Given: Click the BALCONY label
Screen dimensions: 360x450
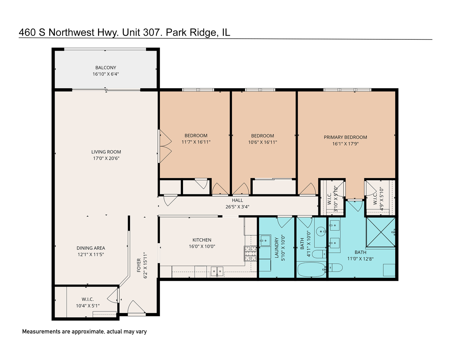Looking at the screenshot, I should point(106,68).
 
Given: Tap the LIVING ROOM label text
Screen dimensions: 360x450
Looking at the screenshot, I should point(106,152).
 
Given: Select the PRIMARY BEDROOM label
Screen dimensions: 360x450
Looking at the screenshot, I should point(345,137).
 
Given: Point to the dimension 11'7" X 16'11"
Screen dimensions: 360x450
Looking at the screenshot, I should point(196,142).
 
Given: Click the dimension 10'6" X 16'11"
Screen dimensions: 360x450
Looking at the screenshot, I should point(263,142).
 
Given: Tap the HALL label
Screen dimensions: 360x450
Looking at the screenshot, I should point(237,200).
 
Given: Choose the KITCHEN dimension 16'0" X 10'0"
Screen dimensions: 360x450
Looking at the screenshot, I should point(202,247).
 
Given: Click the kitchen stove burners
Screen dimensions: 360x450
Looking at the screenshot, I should point(251,254).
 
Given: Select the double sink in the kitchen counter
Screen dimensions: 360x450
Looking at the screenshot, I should point(217,271).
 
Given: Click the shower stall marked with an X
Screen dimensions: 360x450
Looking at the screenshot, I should point(380,232).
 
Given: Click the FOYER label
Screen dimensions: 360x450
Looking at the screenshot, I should point(139,265).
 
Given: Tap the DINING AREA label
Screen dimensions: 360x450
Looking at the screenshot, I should point(91,248).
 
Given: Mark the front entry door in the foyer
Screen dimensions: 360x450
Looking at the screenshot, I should point(137,308).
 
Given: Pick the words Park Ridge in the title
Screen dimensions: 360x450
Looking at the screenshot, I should point(191,32).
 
